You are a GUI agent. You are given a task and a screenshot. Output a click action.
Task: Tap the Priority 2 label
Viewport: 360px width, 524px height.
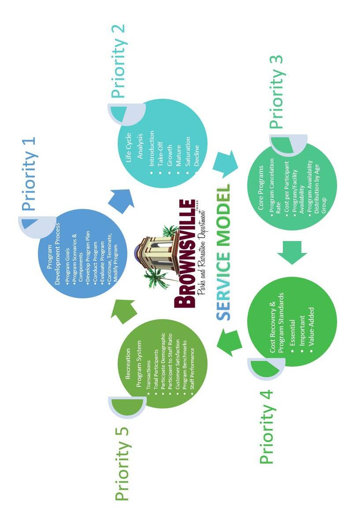tap(118, 61)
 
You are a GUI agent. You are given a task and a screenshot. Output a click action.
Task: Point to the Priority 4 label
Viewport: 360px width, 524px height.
tap(267, 427)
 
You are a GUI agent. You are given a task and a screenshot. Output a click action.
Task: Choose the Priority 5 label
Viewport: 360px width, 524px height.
tap(122, 464)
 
